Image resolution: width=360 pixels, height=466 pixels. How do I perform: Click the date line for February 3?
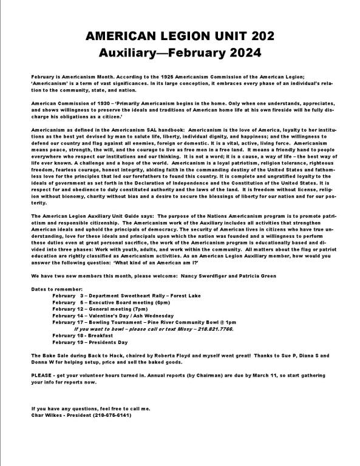tap(113, 295)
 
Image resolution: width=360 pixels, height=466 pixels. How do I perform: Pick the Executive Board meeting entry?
tap(113, 302)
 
